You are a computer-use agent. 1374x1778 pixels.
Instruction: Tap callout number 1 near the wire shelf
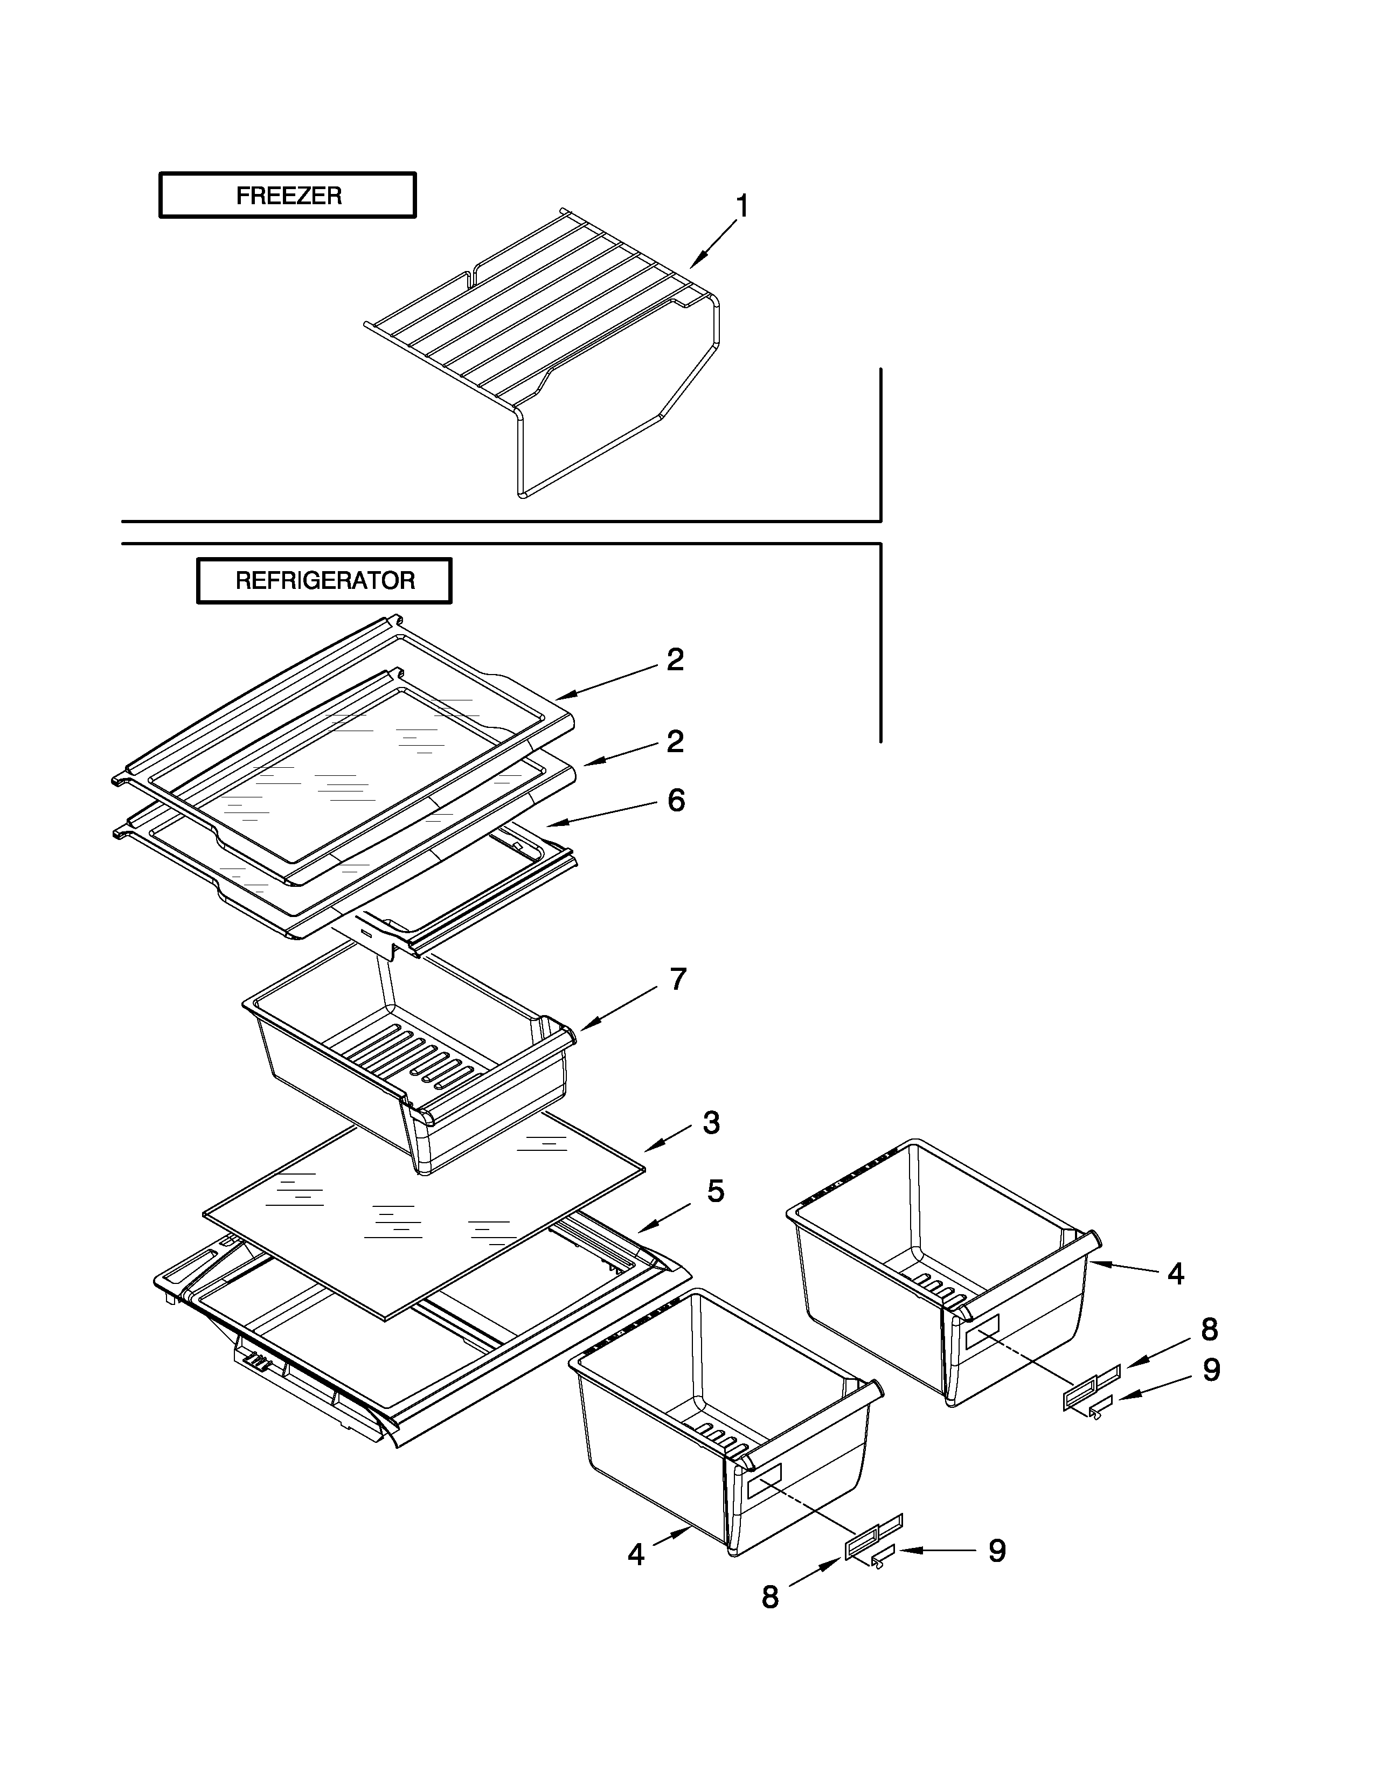(741, 207)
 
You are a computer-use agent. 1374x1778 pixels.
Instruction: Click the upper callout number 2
(675, 659)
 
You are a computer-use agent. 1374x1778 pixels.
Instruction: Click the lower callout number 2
(675, 741)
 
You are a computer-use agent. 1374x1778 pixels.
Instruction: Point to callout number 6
(676, 800)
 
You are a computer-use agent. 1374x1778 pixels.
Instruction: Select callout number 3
(711, 1123)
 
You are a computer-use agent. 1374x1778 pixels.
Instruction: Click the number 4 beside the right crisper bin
(1175, 1274)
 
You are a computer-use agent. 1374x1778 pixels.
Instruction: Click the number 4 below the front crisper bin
(636, 1555)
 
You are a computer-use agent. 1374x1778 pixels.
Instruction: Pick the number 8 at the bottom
(770, 1598)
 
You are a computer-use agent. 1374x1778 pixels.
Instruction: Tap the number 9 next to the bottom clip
(997, 1551)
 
